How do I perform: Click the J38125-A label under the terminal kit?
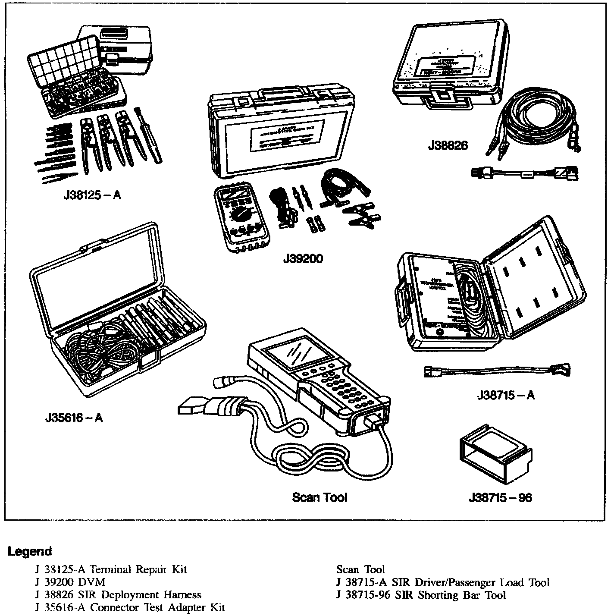91,195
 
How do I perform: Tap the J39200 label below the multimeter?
303,259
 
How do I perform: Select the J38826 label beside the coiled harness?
448,145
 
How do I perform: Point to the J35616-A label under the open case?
74,418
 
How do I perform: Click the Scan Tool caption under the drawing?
320,497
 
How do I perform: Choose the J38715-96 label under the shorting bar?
500,497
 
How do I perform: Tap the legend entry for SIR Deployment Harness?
119,595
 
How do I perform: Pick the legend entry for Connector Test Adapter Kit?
130,608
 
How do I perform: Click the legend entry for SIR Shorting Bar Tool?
420,595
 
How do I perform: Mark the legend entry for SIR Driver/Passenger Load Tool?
442,582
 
